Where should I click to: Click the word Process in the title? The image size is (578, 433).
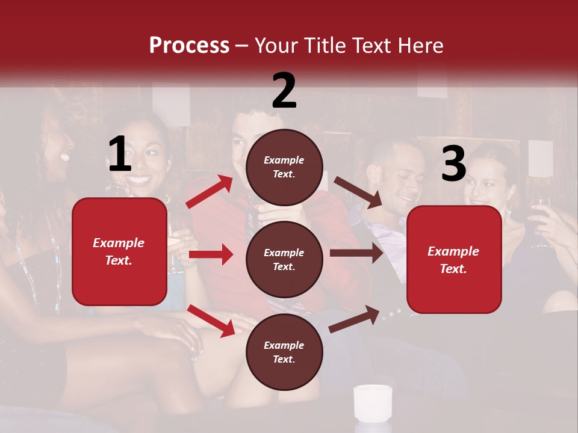189,46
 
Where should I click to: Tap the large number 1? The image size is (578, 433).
119,155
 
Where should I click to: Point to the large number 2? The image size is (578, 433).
284,91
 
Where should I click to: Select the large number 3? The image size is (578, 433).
453,164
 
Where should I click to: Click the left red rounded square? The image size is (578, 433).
119,251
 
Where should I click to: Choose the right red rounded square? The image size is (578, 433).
454,259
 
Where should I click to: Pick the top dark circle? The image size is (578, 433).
284,167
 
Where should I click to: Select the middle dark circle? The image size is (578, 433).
284,259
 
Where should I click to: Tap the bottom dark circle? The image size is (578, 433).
284,352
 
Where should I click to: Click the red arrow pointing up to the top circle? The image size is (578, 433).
209,191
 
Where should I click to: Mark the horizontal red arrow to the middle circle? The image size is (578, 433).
211,254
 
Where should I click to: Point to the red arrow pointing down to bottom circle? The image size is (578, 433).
211,321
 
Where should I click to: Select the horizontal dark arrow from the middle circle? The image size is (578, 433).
356,253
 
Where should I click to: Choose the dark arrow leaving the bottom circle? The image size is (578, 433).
354,319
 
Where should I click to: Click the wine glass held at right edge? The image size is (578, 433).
541,220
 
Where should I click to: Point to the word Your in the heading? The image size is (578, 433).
274,46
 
